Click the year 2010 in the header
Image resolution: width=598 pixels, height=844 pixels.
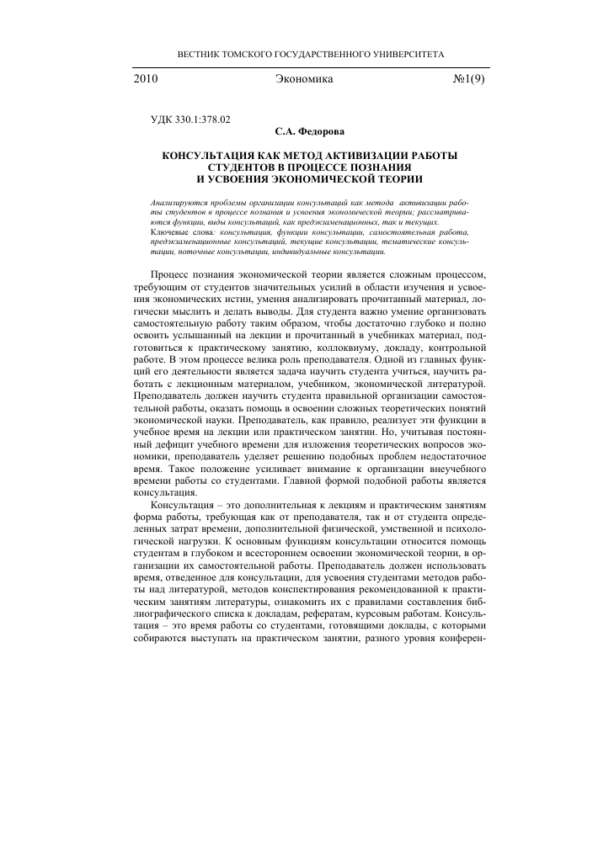coord(147,79)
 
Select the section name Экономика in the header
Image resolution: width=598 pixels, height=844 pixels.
coord(305,79)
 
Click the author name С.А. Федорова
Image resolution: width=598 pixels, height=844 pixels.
coord(310,132)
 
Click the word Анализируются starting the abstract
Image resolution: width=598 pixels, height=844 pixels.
coord(176,204)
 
